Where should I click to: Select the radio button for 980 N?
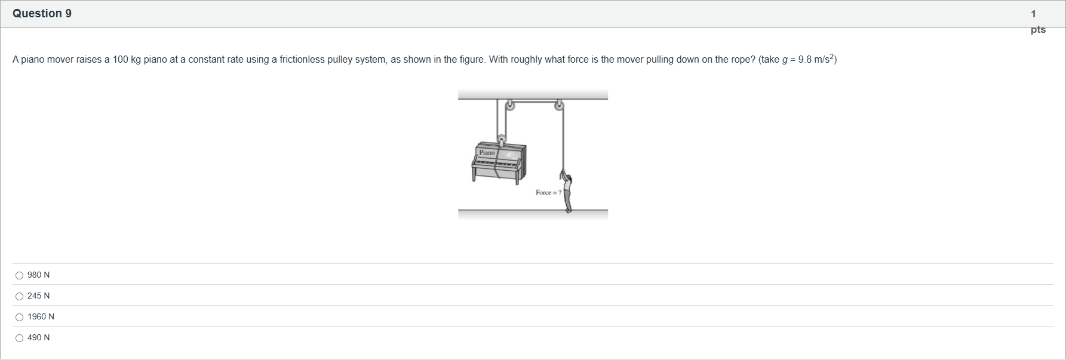coord(20,275)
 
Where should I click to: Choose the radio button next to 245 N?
coord(20,296)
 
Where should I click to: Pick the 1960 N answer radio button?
coord(20,317)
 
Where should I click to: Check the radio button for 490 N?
coord(20,338)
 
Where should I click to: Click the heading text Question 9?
coord(42,14)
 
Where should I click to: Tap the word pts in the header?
coord(1038,30)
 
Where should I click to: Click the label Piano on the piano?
coord(487,153)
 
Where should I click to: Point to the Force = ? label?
coord(548,192)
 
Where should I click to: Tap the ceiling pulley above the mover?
coord(559,106)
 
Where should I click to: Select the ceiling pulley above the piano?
coord(509,106)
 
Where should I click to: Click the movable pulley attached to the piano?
coord(502,140)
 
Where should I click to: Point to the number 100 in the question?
coord(121,60)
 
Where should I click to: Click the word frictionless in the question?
coord(302,60)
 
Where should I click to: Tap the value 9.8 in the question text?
coord(804,60)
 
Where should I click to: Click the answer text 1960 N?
coord(41,317)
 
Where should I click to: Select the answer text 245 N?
coord(39,296)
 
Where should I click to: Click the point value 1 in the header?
coord(1034,14)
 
